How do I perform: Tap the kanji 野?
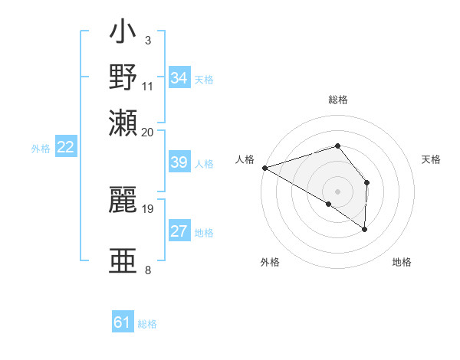123,79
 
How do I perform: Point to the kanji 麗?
123,200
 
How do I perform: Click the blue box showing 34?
179,78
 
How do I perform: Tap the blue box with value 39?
179,163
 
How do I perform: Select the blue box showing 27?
179,232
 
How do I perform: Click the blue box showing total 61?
123,323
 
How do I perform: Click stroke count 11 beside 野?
148,84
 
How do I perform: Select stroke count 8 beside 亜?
147,270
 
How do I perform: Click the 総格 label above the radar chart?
337,100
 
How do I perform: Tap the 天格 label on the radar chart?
431,159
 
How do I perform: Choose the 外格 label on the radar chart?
270,262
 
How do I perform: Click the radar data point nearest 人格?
264,168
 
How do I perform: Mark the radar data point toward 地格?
364,228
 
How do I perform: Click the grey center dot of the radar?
337,191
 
